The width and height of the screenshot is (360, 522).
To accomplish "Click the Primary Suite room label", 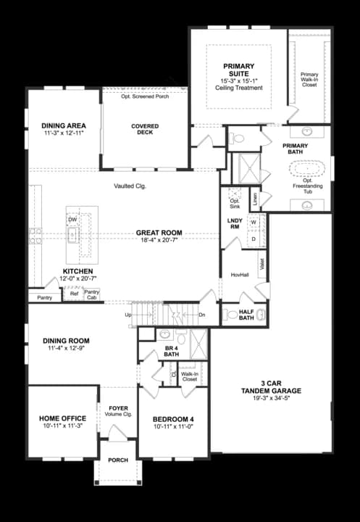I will tap(238, 69).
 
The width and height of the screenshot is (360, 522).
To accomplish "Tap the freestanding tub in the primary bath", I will tap(309, 172).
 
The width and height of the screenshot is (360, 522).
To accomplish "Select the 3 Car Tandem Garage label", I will tap(271, 387).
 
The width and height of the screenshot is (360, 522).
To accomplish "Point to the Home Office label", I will tap(62, 418).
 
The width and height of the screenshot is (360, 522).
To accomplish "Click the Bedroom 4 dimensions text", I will tap(173, 427).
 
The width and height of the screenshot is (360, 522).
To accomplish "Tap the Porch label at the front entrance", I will tap(118, 460).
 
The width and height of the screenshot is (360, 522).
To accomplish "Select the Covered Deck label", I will tap(145, 130).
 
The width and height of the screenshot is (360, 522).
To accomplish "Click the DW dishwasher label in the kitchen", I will tap(72, 219).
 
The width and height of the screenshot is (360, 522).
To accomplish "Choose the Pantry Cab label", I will tap(91, 294).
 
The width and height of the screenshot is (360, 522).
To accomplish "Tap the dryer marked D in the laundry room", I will tap(254, 239).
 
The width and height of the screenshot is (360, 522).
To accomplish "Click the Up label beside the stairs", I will tap(129, 315).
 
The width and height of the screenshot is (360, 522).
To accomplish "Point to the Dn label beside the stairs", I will tap(201, 315).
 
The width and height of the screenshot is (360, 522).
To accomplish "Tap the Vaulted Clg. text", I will tap(130, 186).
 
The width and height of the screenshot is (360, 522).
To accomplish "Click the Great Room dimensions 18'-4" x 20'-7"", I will tap(159, 240).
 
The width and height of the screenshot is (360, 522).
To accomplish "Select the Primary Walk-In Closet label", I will tap(309, 80).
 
